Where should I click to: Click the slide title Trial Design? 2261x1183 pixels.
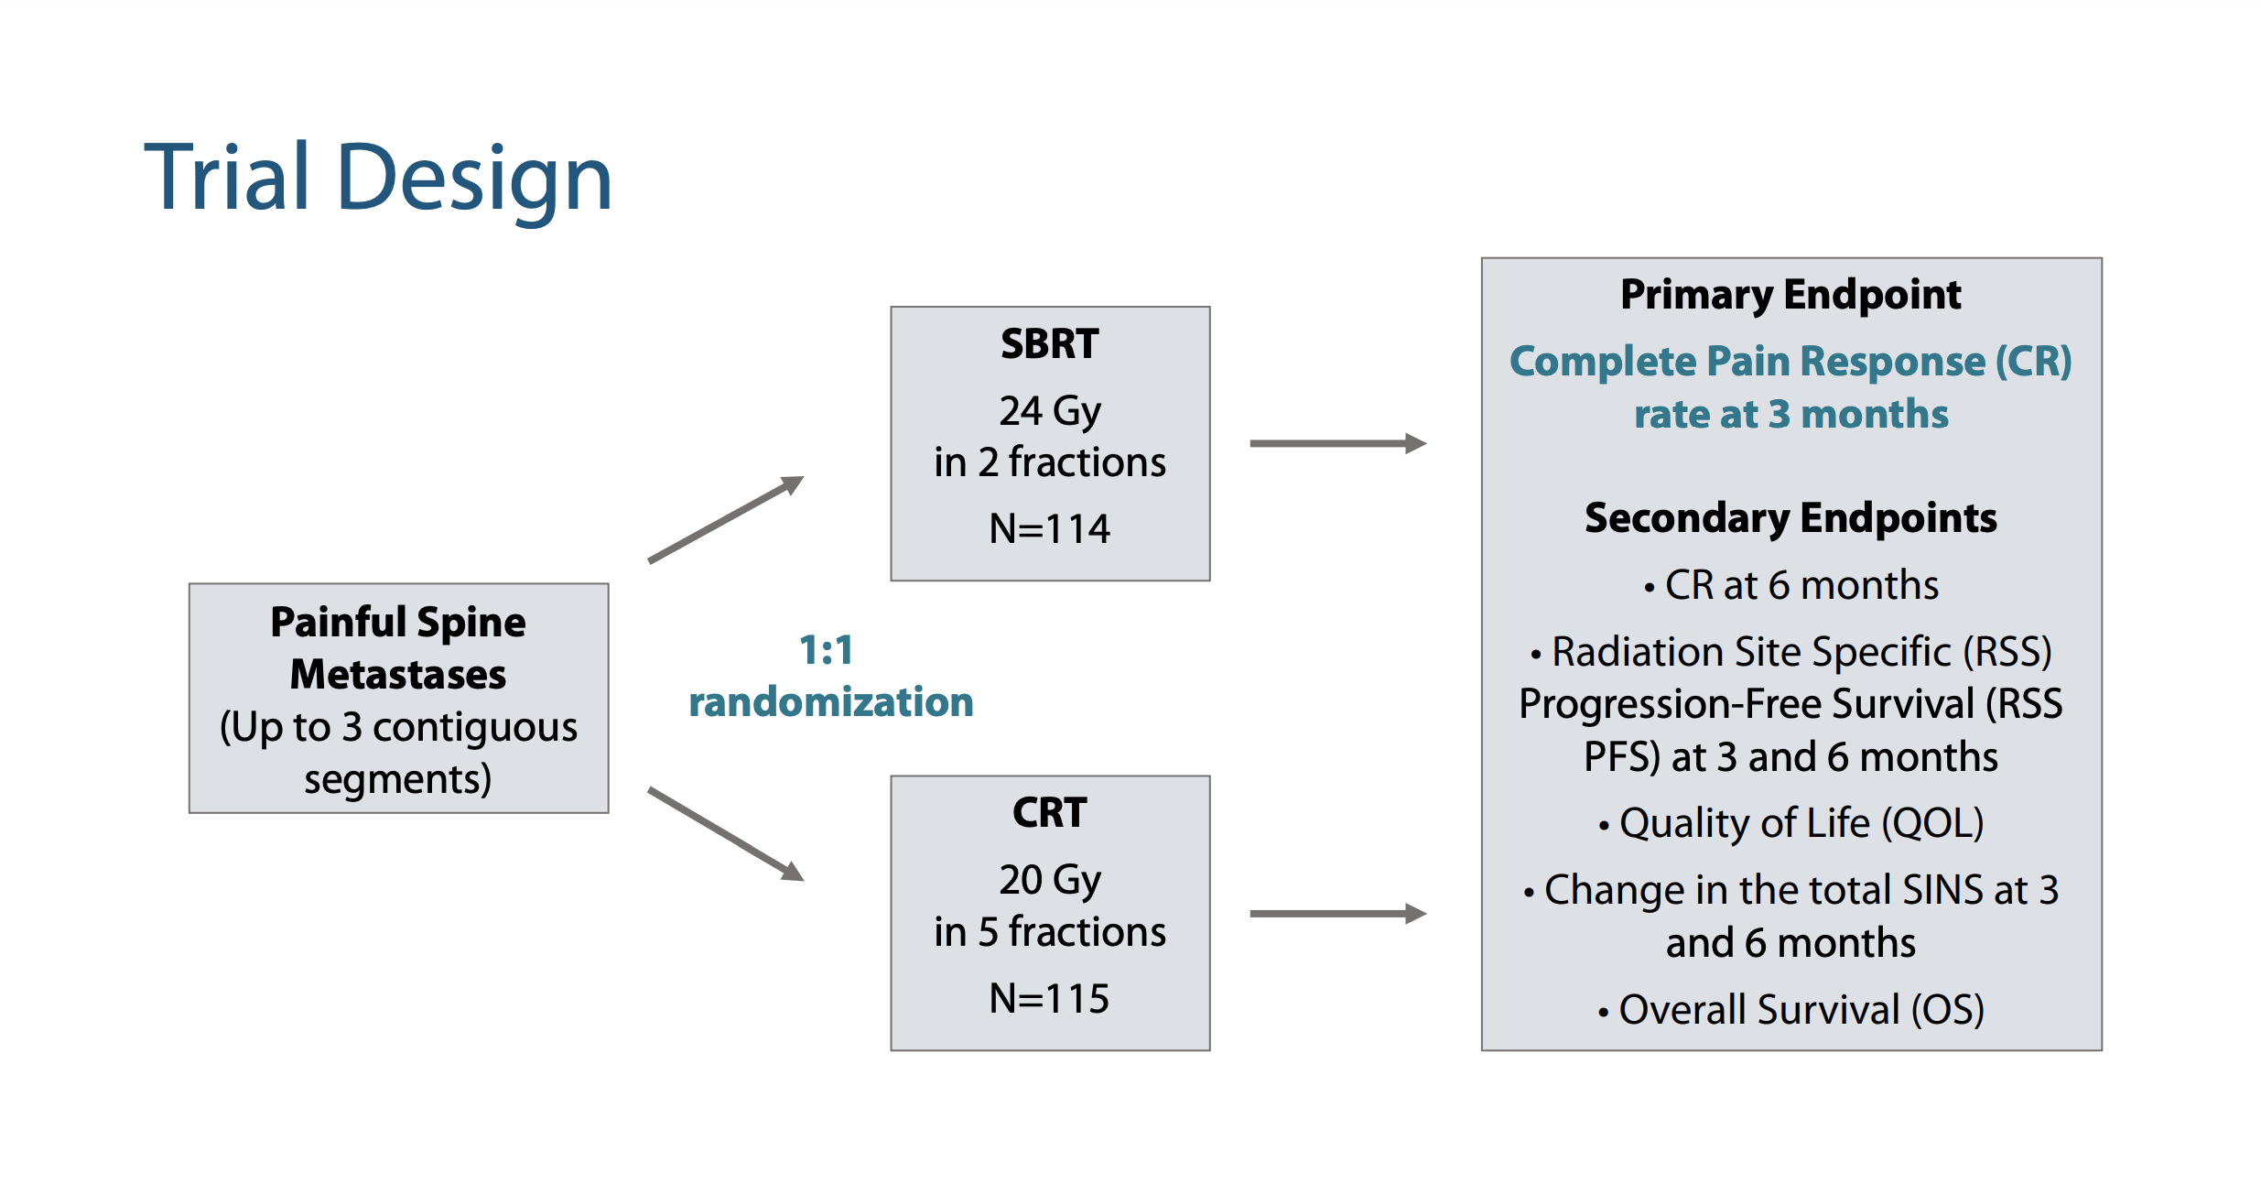tap(378, 179)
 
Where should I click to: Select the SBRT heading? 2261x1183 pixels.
tap(1050, 344)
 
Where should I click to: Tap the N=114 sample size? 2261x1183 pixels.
tap(1050, 529)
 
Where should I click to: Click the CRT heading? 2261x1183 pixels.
tap(1050, 813)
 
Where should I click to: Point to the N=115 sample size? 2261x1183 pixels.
tap(1050, 998)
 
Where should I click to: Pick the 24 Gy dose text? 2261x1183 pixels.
tap(1050, 412)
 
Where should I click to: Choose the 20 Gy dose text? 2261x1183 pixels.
tap(1050, 881)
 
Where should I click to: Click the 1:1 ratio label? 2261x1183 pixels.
tap(827, 651)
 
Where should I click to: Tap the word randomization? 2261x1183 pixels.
tap(831, 702)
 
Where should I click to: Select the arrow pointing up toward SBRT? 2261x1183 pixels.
tap(726, 519)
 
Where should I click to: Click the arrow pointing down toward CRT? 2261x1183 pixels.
tap(726, 834)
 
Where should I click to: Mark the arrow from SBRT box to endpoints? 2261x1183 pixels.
tap(1338, 443)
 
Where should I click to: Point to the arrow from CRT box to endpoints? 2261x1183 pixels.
tap(1338, 913)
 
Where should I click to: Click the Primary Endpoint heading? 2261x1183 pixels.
tap(1790, 296)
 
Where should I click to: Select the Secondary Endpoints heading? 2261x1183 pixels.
tap(1790, 518)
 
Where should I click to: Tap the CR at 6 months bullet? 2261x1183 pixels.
tap(1791, 585)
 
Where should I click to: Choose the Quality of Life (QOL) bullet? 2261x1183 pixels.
tap(1791, 823)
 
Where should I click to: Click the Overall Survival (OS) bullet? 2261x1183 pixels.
tap(1791, 1010)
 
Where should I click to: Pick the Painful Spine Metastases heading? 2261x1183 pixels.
tap(398, 648)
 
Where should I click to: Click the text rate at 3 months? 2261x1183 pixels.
tap(1791, 415)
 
